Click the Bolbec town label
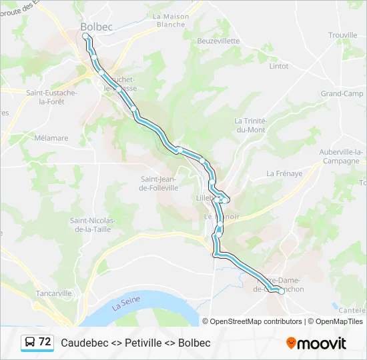point(97,27)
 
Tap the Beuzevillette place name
point(218,41)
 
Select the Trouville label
point(343,35)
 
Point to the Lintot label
point(278,66)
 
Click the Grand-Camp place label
point(342,94)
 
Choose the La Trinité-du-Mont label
point(250,125)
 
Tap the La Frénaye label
point(284,173)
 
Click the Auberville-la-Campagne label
point(341,157)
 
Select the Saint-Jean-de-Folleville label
point(159,183)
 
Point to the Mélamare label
point(51,138)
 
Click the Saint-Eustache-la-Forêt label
point(51,97)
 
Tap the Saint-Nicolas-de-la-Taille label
point(93,225)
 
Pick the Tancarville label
point(54,293)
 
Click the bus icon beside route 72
point(30,342)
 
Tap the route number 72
point(45,342)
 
